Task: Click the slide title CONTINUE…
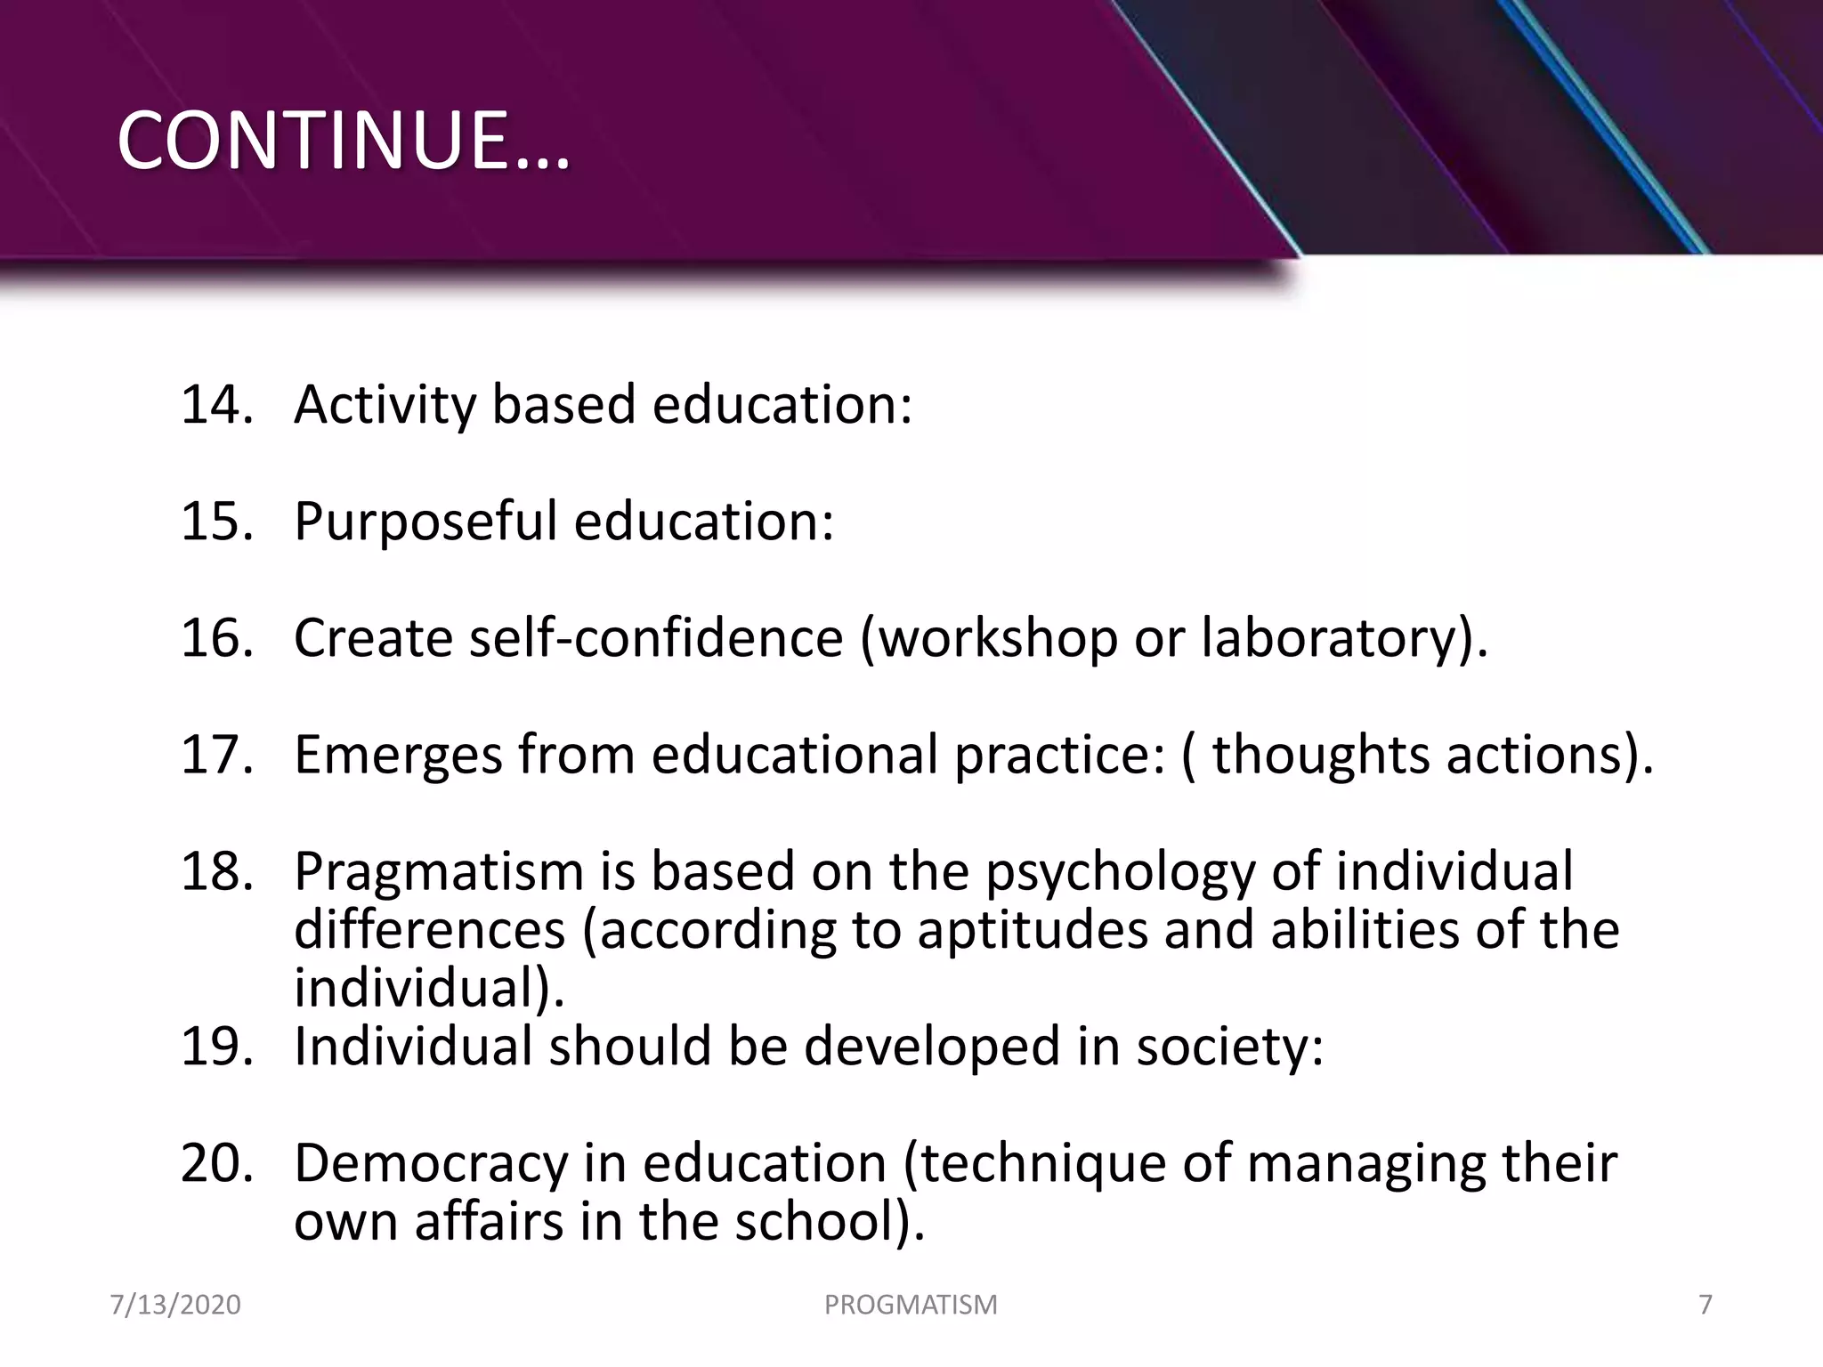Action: click(343, 142)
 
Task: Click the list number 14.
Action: click(216, 405)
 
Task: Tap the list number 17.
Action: click(216, 755)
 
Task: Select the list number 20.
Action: click(216, 1163)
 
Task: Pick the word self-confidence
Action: click(656, 638)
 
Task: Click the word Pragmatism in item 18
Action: click(438, 872)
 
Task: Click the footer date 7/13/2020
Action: click(175, 1305)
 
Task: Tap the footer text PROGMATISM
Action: click(911, 1305)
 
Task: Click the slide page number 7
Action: click(1706, 1305)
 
